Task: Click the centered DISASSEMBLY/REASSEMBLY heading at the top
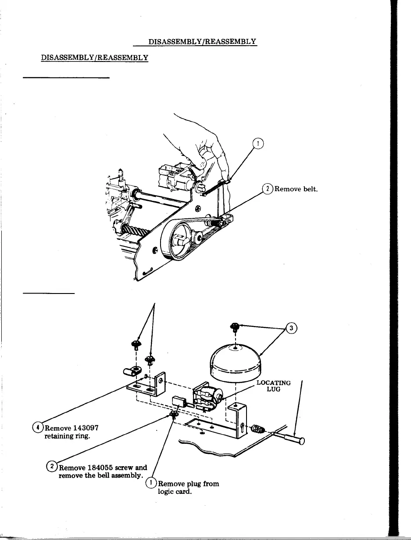[202, 42]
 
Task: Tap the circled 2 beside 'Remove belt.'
[267, 189]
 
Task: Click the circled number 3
[291, 328]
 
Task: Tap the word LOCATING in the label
[273, 383]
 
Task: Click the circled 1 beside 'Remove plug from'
[150, 484]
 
